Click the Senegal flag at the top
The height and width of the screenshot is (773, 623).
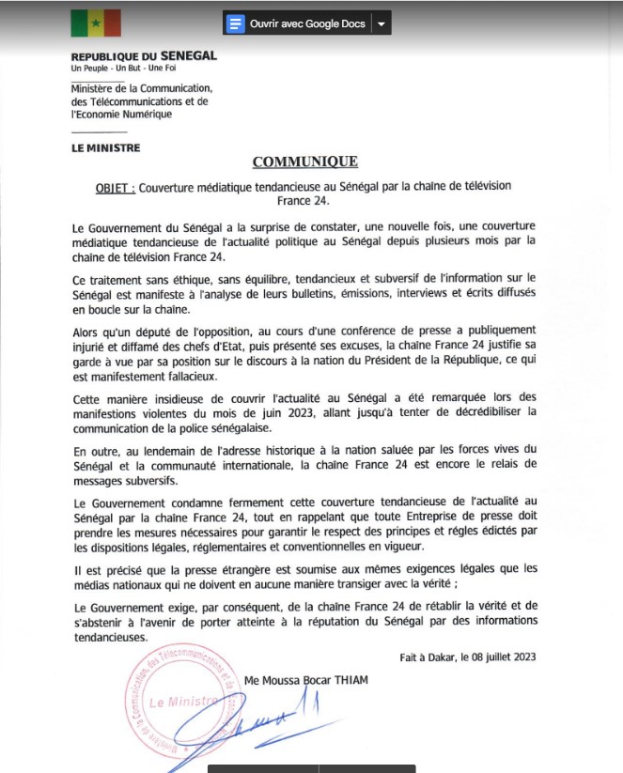click(96, 23)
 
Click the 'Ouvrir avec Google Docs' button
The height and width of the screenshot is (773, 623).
click(296, 23)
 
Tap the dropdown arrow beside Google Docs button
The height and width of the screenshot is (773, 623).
click(381, 23)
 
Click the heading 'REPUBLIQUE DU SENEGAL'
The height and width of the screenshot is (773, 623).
click(144, 55)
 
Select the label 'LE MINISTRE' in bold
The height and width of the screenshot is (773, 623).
click(106, 147)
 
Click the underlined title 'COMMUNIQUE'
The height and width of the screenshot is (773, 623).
click(304, 162)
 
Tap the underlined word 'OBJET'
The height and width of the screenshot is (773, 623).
click(112, 187)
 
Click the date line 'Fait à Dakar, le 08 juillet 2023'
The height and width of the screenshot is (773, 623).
click(468, 657)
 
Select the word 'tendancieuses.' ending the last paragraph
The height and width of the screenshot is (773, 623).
click(110, 635)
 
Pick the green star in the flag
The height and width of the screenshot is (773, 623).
click(96, 23)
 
